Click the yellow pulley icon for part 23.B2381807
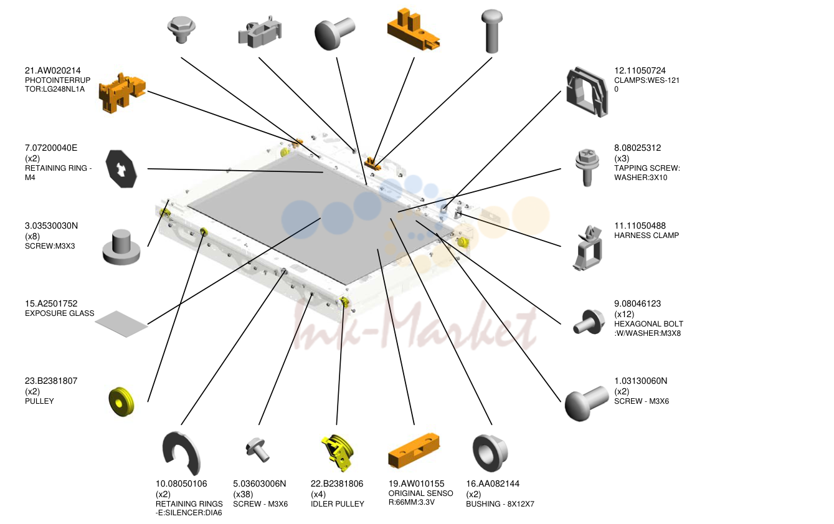(x=121, y=402)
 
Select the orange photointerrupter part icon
(x=121, y=93)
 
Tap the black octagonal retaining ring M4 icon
(x=121, y=169)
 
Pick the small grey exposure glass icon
(x=121, y=324)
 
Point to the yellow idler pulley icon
(x=338, y=453)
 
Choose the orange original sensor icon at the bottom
(x=414, y=450)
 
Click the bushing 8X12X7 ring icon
(x=490, y=452)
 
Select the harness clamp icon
(x=587, y=247)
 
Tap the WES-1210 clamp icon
(x=587, y=92)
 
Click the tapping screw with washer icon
(x=587, y=167)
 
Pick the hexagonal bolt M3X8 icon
(x=589, y=322)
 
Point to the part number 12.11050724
(x=640, y=70)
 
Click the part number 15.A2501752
(x=51, y=303)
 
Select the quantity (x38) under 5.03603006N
(x=243, y=494)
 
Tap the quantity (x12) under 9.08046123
(x=624, y=314)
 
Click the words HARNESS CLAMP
(x=647, y=236)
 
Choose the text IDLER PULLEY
(x=338, y=504)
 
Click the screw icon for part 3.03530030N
(x=121, y=247)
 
